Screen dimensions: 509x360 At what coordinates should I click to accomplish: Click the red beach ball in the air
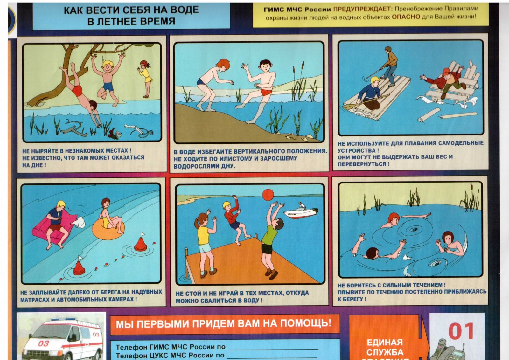coord(268,195)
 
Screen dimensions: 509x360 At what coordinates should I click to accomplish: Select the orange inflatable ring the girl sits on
coord(108,229)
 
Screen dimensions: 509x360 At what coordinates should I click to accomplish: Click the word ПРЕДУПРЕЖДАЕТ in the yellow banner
coord(361,9)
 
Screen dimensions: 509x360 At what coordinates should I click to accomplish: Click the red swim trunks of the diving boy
coord(77,90)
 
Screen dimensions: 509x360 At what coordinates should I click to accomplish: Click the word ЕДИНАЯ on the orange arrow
coord(385,342)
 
